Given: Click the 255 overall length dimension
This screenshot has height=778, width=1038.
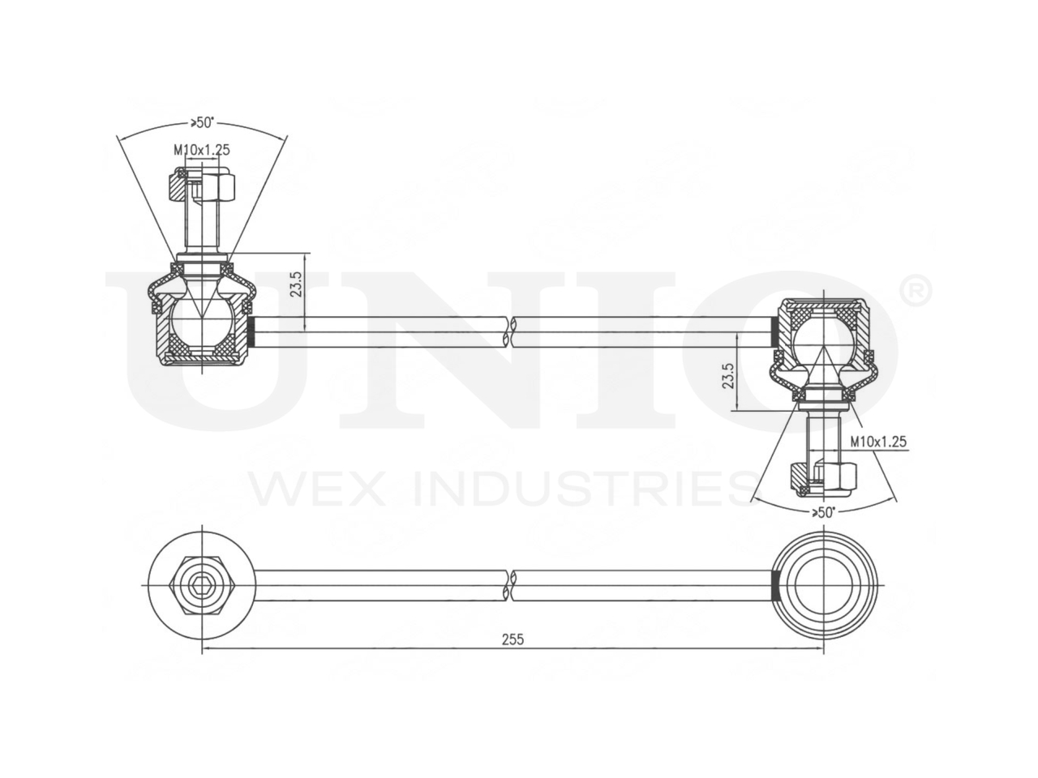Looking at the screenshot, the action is click(513, 639).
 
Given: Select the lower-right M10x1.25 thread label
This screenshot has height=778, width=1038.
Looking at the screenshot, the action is click(878, 442).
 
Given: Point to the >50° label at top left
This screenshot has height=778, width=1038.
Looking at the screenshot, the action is click(202, 122).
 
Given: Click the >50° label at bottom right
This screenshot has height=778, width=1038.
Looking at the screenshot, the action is click(823, 512).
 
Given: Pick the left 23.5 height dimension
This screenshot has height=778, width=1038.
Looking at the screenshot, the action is click(297, 284).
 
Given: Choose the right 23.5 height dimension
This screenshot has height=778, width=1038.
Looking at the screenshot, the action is click(728, 376).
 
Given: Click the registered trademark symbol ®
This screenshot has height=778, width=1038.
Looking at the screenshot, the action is click(916, 292).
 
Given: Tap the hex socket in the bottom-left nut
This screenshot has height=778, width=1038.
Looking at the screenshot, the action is click(202, 585).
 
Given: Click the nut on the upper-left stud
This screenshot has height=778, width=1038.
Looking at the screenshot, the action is click(203, 186).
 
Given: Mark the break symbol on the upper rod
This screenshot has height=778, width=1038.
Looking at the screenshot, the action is click(513, 331).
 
